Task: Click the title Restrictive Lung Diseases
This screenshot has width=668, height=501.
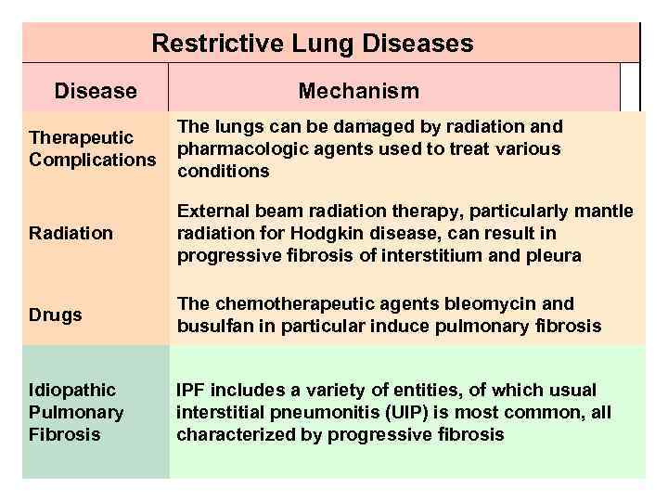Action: [x=312, y=43]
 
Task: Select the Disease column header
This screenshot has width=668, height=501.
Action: [x=96, y=91]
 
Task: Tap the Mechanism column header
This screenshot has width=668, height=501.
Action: [x=358, y=91]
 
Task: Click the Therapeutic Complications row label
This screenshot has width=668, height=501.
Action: [x=93, y=148]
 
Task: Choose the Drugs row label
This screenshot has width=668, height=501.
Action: [x=56, y=315]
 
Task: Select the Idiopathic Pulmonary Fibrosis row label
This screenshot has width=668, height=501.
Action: [x=76, y=412]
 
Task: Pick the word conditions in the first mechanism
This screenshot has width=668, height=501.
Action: [x=223, y=171]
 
